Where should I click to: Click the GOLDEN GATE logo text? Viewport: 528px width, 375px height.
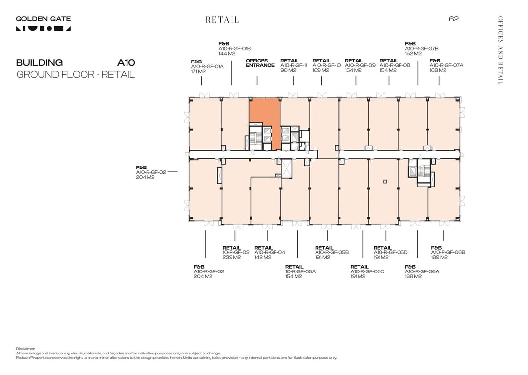point(43,19)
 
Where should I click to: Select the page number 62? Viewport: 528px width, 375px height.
point(454,19)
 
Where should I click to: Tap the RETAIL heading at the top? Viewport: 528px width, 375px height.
point(222,20)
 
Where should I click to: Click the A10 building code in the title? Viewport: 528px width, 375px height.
point(126,63)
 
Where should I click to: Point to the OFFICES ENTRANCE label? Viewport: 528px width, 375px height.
point(260,63)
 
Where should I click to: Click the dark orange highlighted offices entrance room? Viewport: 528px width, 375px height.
point(264,111)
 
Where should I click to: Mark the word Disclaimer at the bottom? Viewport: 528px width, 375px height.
point(25,349)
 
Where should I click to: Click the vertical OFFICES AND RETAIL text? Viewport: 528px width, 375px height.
point(500,50)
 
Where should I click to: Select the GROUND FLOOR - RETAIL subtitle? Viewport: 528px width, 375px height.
point(75,75)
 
